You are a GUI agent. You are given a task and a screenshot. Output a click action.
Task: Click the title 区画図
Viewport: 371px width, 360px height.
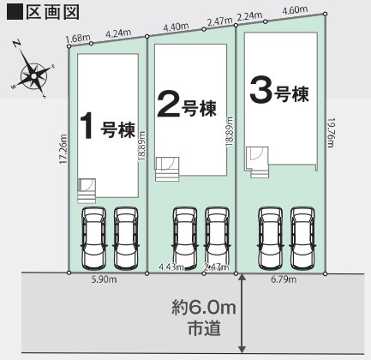coord(52,13)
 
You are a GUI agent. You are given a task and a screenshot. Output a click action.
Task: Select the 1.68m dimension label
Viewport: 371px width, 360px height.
coord(78,38)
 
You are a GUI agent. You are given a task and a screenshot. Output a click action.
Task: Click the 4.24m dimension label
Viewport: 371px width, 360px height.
coord(118,33)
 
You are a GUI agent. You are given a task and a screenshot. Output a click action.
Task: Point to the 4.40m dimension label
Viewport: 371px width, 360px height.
coord(176,27)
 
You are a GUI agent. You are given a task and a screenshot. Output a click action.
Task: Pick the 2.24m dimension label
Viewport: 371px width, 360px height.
coord(249,16)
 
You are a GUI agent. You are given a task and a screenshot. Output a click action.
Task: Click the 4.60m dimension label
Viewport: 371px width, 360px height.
coord(295,10)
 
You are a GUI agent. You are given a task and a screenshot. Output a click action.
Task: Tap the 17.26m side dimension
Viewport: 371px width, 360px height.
coord(63,149)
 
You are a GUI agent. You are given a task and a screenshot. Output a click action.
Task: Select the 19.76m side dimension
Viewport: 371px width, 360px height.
coord(331,133)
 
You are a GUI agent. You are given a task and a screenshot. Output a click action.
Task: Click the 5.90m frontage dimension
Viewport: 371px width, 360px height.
coord(104,279)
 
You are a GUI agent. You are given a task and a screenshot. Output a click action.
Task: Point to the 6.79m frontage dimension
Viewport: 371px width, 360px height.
coord(284,279)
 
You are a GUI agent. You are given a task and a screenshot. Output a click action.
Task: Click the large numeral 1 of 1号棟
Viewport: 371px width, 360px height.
coord(87,126)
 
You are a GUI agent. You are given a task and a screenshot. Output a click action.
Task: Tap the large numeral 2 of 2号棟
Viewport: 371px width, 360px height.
coord(169,104)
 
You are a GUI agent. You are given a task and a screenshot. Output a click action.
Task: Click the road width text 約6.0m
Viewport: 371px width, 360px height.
coord(204,308)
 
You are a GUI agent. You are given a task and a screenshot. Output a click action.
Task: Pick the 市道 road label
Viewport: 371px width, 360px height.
coord(204,327)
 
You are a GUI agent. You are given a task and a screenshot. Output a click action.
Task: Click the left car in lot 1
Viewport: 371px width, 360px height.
coord(94,238)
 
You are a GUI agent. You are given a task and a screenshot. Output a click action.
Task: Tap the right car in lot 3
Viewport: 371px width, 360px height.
coord(302,238)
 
